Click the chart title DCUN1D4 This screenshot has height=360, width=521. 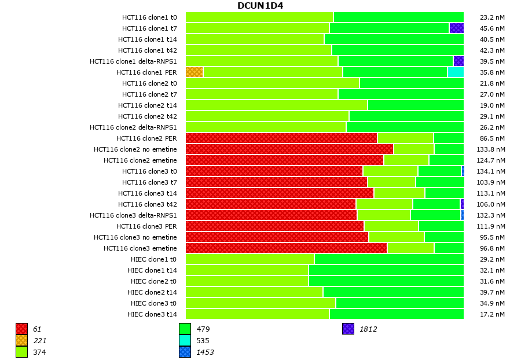pos(260,6)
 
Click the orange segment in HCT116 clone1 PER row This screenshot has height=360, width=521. pos(194,72)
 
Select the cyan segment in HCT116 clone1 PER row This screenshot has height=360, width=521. pos(456,72)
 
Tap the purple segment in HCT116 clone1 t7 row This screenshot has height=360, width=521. pos(456,28)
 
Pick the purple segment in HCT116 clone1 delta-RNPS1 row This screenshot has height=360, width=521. pos(458,61)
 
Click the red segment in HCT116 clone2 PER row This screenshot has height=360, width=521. pos(281,138)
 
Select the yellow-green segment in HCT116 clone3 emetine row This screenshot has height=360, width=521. pos(410,248)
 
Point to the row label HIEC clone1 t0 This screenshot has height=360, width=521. pos(153,259)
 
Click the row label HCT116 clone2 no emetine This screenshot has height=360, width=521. pos(135,149)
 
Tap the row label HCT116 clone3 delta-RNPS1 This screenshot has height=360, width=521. pos(133,215)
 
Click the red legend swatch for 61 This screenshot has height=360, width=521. pos(21,329)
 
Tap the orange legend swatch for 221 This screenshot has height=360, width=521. pos(21,340)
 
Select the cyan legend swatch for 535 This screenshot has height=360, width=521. pos(185,340)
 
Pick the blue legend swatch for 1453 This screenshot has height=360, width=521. pos(185,352)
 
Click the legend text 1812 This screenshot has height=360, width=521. pos(368,329)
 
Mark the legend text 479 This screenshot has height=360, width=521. pos(203,329)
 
